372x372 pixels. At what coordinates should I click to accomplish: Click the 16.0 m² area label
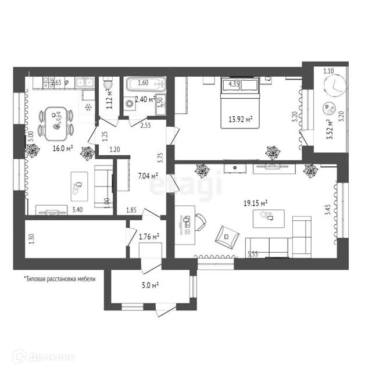[63, 149]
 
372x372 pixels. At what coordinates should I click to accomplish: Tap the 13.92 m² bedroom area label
[240, 120]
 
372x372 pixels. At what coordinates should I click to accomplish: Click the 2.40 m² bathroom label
[144, 99]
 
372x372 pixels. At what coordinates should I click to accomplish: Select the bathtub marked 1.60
[145, 83]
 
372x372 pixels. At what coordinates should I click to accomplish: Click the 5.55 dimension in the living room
[253, 254]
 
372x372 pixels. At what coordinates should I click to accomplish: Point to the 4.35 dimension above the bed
[234, 84]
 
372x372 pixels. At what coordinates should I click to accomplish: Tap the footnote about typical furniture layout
[59, 278]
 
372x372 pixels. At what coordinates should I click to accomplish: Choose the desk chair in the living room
[199, 221]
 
